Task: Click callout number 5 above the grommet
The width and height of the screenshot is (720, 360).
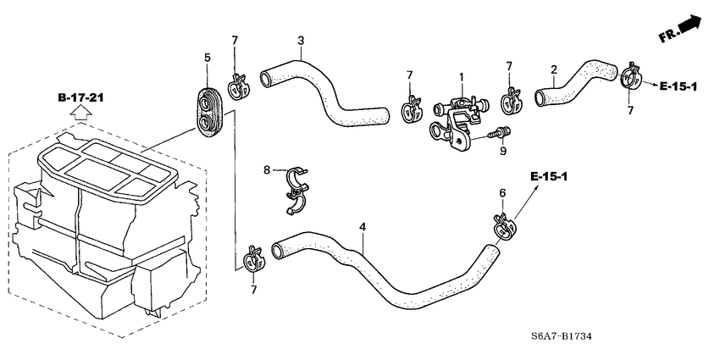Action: click(206, 58)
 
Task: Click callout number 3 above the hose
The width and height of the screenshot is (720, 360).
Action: click(301, 41)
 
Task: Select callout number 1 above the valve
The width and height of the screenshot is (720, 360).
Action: click(462, 77)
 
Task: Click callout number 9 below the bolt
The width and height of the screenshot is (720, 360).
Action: click(502, 151)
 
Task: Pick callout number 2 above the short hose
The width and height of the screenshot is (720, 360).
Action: click(553, 69)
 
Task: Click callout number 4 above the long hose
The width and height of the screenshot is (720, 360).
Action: click(363, 227)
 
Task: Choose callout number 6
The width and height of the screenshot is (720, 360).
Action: click(501, 193)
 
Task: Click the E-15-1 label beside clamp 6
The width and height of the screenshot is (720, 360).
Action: click(547, 176)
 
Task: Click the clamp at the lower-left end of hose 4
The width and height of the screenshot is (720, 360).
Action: click(252, 258)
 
